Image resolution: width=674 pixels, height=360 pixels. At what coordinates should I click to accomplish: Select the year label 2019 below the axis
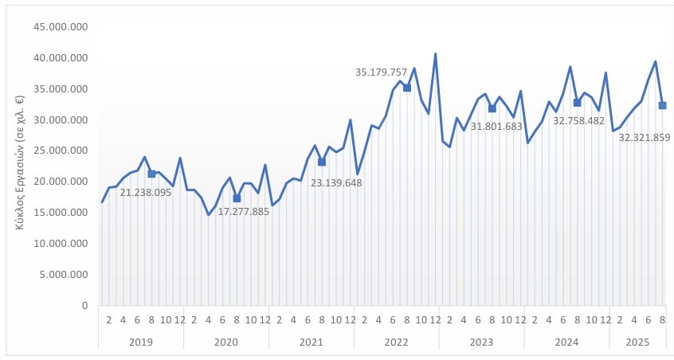click(x=141, y=342)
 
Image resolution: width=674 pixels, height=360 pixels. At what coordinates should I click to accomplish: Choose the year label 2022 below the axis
click(x=396, y=342)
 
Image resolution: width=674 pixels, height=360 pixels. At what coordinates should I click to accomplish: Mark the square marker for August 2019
click(x=151, y=174)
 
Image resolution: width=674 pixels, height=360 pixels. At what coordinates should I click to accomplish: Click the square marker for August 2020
click(x=237, y=198)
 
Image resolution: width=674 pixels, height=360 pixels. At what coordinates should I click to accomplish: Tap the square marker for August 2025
click(x=662, y=105)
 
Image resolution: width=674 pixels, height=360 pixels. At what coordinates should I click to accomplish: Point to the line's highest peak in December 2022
click(x=435, y=54)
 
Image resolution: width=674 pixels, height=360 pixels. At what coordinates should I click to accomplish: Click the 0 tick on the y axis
click(x=84, y=306)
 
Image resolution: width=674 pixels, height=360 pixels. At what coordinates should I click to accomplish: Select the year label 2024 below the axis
click(x=566, y=342)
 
